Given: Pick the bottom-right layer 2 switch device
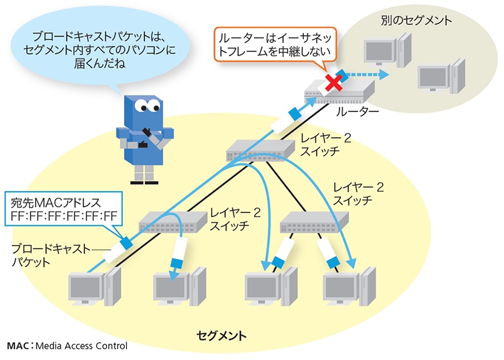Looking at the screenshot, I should [313, 220].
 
